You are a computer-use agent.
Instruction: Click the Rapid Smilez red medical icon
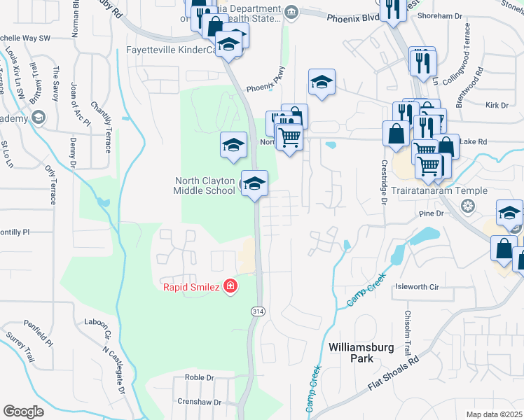(230, 286)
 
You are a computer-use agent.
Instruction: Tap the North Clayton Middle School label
(205, 185)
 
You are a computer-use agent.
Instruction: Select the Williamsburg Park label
(351, 352)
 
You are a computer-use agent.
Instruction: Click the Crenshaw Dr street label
(198, 402)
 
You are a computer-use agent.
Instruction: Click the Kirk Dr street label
(496, 105)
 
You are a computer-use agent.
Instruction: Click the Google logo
(23, 412)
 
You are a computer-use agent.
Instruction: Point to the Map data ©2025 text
(493, 414)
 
